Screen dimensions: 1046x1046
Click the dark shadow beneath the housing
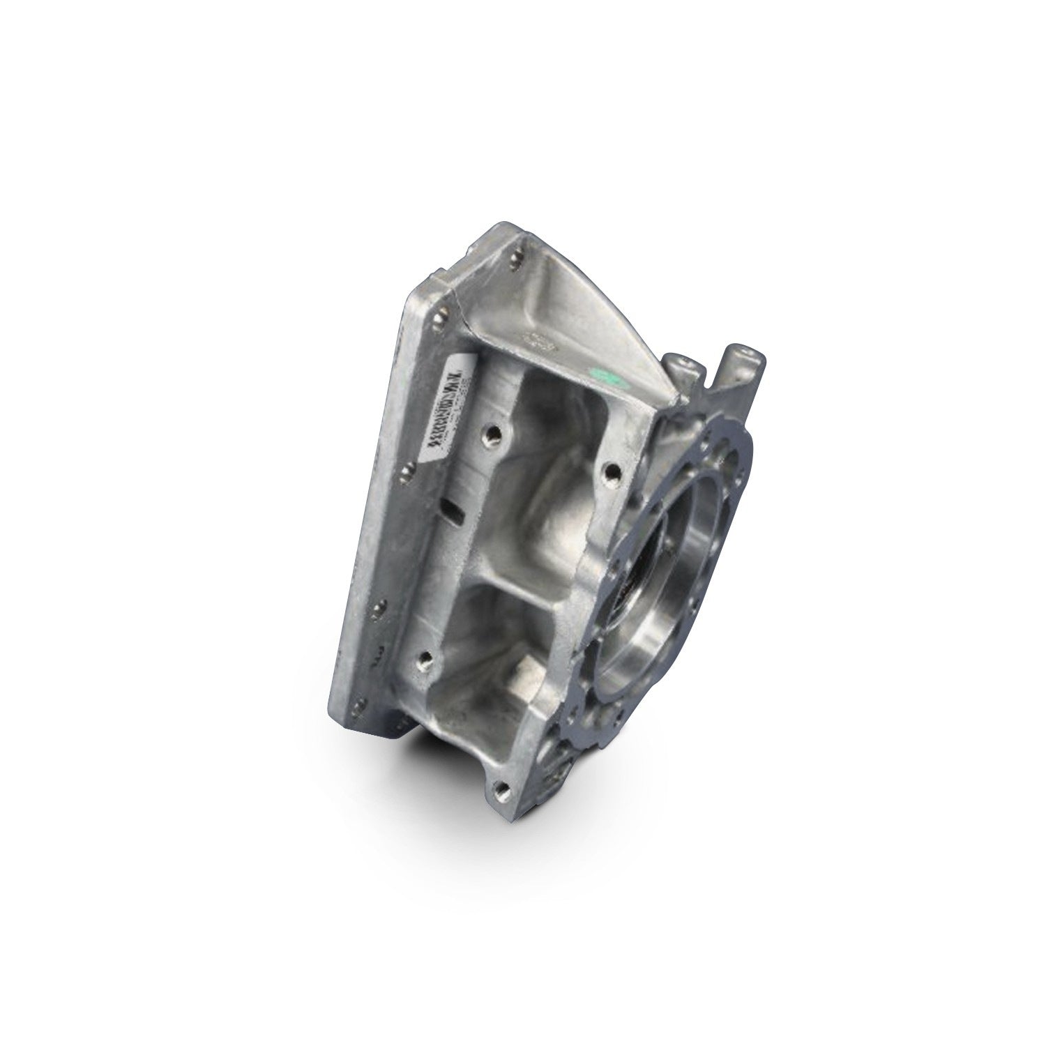(x=425, y=760)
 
